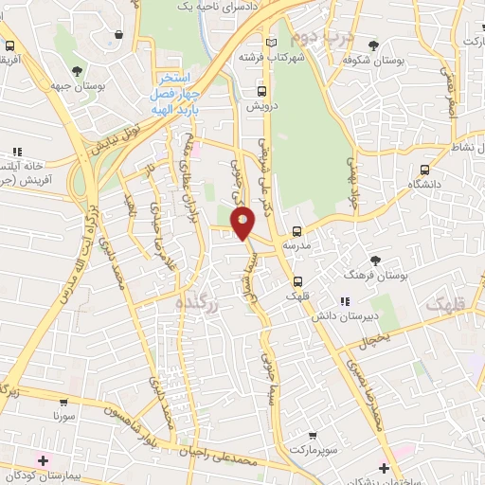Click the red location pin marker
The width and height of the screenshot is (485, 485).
click(243, 223)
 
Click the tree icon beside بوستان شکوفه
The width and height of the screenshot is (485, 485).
click(374, 45)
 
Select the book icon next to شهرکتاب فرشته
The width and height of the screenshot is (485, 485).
click(273, 44)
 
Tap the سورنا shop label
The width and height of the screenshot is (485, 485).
click(63, 416)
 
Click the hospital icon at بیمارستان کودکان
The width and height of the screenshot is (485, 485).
click(43, 459)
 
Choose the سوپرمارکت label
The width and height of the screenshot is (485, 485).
click(312, 449)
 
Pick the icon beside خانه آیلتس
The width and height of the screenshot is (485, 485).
click(16, 151)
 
